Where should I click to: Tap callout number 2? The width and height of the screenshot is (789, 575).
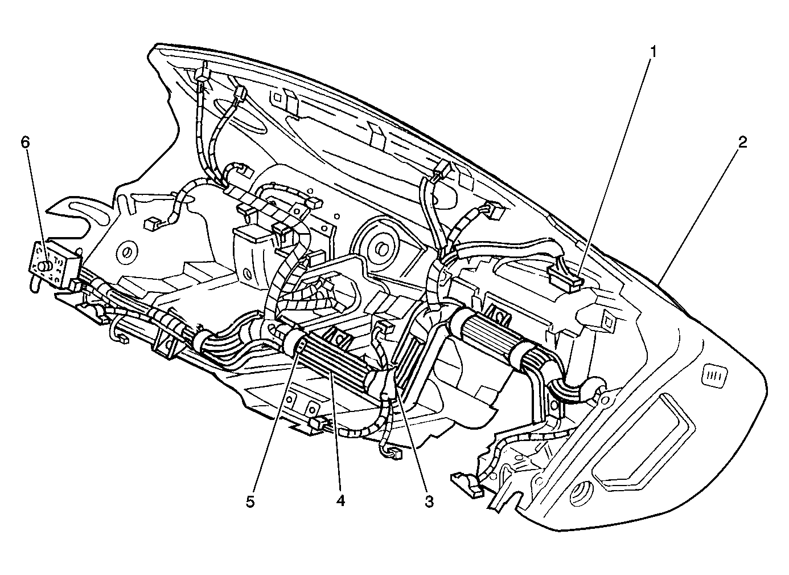pos(742,142)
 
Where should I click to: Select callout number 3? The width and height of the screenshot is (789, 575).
pos(429,501)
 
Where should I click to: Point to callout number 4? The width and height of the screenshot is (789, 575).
pos(340,501)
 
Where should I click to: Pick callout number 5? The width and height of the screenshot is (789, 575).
pos(250,501)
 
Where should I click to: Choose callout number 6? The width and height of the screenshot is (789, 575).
pos(26,142)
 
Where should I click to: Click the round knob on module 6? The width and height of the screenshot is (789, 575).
pos(44,266)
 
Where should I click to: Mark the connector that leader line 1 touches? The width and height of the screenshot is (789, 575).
pos(565,280)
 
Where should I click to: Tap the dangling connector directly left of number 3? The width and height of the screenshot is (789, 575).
pos(393,454)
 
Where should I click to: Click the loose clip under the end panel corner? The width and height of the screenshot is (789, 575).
pos(467,486)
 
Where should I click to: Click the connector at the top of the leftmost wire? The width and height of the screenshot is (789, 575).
pos(202,76)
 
